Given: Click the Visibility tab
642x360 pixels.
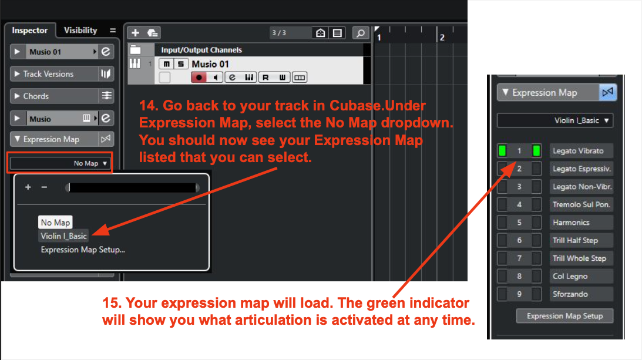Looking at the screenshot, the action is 80,31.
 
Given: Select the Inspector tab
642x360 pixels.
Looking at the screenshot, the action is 29,31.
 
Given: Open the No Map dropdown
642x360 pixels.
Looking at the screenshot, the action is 59,163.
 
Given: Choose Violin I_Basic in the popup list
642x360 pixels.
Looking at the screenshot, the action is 63,236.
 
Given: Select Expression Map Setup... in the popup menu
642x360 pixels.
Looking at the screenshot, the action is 83,250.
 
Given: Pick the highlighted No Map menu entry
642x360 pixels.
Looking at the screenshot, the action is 55,223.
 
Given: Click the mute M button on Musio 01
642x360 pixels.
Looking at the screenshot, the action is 166,64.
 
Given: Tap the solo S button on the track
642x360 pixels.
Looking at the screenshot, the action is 180,64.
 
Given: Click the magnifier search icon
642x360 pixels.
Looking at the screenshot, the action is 360,33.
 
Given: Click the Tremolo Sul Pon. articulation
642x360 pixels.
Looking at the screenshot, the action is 581,204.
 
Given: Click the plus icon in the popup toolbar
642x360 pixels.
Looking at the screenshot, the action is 28,187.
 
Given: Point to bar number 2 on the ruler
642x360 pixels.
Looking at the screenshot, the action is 442,38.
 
